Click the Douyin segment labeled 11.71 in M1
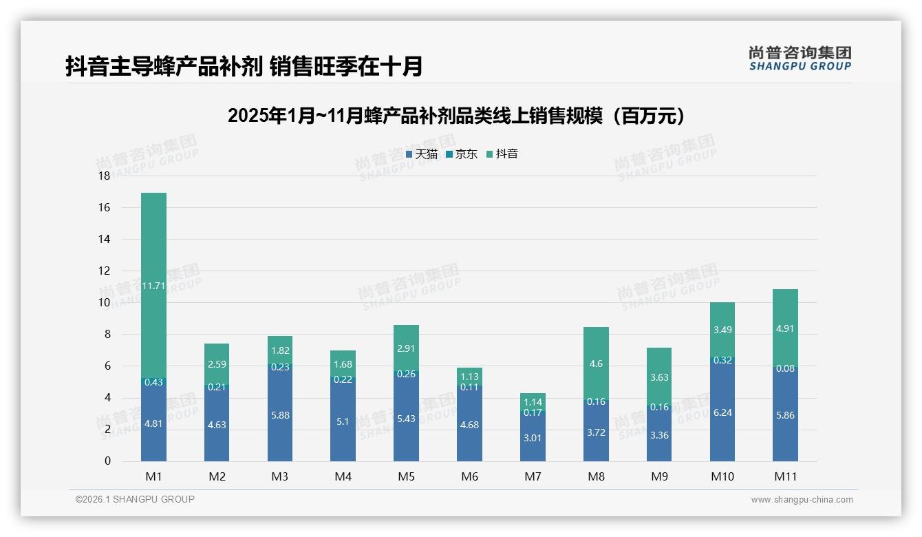153,285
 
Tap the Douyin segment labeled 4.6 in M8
596,363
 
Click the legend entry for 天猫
422,154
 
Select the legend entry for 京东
462,154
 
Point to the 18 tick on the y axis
104,176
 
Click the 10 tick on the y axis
104,303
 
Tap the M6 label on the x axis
469,476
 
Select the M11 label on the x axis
785,476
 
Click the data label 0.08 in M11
785,368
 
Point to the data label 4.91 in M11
785,329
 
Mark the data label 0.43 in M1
153,382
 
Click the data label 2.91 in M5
406,348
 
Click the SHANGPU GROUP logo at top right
800,59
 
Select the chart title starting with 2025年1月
457,116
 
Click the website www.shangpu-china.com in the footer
802,500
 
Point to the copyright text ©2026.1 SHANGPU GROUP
135,499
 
